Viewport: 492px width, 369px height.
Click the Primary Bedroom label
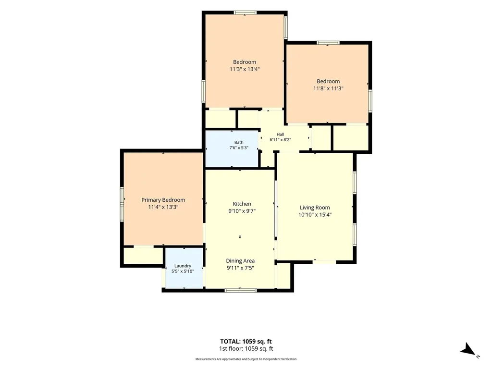tap(163, 200)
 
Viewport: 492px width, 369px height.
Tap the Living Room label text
tap(315, 208)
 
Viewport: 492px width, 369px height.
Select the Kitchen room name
tap(242, 204)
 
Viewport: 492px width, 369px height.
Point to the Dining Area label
tap(240, 261)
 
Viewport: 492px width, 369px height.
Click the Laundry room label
tap(183, 266)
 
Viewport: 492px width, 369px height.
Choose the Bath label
tap(239, 142)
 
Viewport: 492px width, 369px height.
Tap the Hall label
tap(280, 135)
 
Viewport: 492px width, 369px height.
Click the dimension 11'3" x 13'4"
tap(245, 69)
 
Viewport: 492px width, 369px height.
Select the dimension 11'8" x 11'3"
tap(328, 88)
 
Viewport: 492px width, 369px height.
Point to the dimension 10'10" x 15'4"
tap(315, 215)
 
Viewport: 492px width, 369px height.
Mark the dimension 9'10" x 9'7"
tap(242, 211)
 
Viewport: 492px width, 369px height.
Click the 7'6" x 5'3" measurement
tap(239, 148)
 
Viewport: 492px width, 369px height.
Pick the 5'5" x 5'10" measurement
tap(183, 271)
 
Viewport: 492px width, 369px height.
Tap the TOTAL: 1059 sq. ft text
tap(246, 342)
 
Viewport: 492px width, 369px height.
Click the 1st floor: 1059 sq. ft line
tap(246, 349)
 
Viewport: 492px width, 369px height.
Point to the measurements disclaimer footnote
tap(246, 359)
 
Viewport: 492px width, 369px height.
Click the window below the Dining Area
tap(241, 290)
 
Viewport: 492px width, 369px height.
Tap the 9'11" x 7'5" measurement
tap(240, 268)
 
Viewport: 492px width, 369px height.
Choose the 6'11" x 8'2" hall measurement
tap(280, 140)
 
